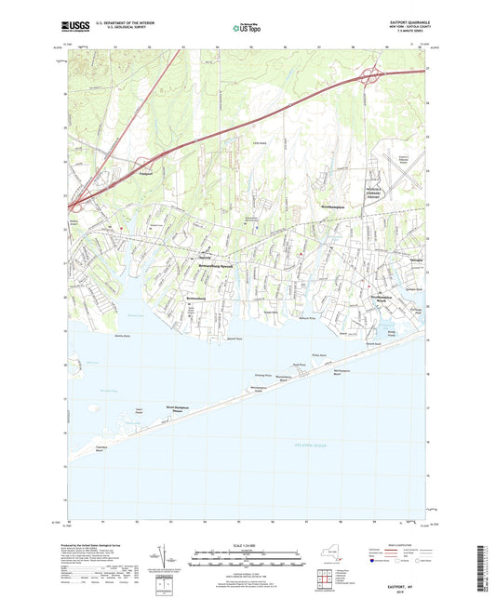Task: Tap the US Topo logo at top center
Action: click(x=244, y=28)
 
